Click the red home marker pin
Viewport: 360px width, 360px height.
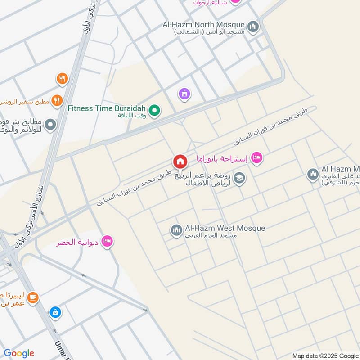180,162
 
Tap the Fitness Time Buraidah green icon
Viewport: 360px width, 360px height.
154,110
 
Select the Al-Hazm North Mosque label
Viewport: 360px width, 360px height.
204,24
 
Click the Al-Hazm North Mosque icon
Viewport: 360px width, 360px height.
253,26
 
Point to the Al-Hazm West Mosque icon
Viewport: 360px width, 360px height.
176,231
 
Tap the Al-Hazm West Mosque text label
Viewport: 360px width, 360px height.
225,229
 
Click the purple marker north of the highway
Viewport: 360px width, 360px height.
184,94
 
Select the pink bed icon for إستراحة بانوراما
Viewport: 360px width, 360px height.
256,158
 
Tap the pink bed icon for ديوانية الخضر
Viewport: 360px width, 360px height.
107,242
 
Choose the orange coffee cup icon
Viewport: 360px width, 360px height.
32,297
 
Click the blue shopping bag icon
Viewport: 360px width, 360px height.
55,312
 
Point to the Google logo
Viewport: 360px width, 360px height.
19,353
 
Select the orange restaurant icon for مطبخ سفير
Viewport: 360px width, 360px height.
57,101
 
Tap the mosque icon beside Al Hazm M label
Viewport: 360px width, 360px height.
313,174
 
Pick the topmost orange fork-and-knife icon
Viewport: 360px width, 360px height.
62,80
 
